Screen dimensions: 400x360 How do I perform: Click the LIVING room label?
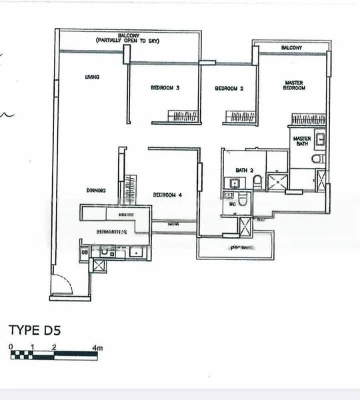(92, 77)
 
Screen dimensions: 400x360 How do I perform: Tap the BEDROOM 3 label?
(164, 88)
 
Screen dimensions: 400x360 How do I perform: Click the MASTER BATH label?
(301, 142)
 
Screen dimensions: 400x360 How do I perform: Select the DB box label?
(85, 253)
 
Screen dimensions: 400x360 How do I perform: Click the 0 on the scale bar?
(11, 347)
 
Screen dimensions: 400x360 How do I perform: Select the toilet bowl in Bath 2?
(257, 182)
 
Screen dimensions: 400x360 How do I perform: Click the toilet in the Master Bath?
(319, 159)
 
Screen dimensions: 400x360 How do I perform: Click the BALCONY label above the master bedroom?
(291, 48)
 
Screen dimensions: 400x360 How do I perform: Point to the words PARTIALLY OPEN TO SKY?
(131, 41)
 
